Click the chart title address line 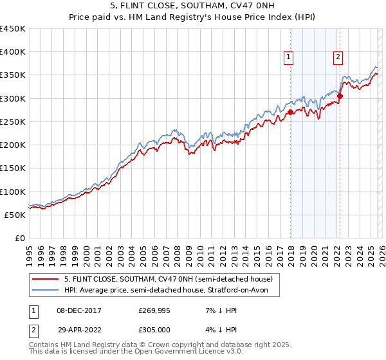(x=192, y=6)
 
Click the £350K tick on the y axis (x=13, y=75)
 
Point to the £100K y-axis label (x=13, y=192)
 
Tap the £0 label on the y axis (x=19, y=238)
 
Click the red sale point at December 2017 (x=290, y=112)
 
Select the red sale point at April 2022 (x=340, y=96)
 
